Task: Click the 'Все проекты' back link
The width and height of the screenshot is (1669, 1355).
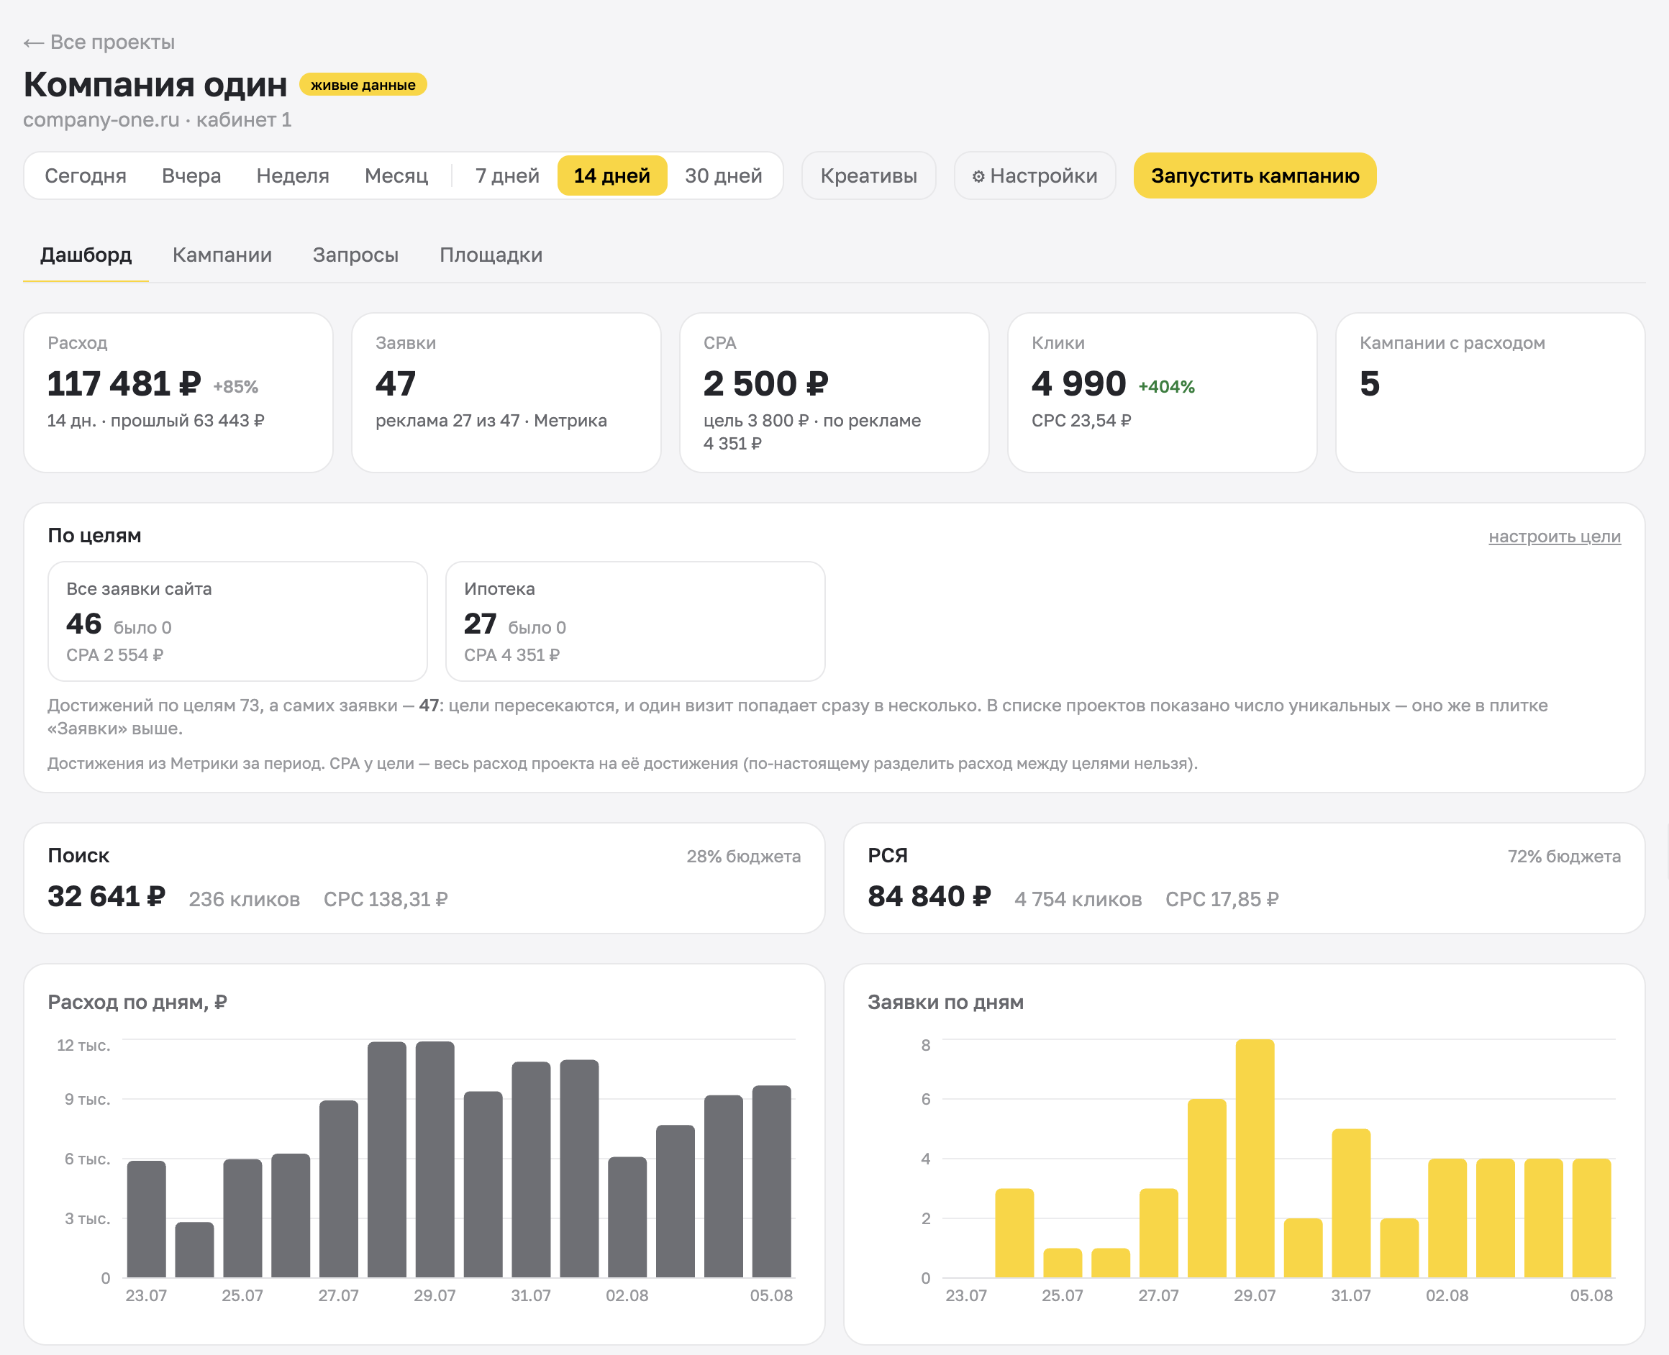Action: [x=99, y=42]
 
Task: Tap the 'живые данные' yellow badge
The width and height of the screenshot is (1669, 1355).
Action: [x=363, y=84]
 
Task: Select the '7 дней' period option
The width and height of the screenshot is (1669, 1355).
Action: [x=507, y=175]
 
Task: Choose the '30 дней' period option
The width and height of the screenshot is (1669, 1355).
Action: [x=724, y=175]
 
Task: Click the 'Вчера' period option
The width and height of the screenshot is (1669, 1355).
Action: [x=191, y=175]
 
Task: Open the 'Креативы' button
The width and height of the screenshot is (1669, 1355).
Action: [x=869, y=175]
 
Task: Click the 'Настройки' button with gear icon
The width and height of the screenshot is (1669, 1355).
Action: [x=1035, y=175]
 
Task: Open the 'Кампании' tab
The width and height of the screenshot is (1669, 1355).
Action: [x=222, y=255]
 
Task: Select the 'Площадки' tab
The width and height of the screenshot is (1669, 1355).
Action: [x=491, y=255]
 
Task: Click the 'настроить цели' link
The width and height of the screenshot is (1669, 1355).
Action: [x=1554, y=537]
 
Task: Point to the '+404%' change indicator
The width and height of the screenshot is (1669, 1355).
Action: [x=1166, y=386]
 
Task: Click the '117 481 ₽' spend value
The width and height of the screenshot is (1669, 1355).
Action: [x=124, y=383]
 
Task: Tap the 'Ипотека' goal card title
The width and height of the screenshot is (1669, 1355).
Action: [x=499, y=588]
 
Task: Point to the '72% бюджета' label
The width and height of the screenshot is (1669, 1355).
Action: [x=1565, y=857]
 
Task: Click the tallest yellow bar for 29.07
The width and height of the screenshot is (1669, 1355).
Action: [x=1255, y=1159]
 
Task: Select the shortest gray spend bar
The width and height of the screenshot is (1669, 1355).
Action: [x=194, y=1249]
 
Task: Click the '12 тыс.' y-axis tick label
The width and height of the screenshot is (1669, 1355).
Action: [x=83, y=1045]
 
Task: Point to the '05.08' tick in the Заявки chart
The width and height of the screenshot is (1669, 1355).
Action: [x=1591, y=1296]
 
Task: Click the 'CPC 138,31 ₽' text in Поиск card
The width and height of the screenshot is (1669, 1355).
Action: [x=386, y=899]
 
